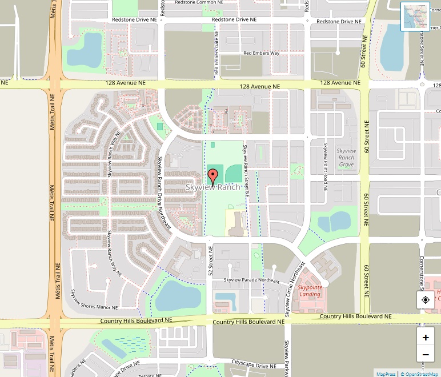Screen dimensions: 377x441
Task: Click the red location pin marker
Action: [x=213, y=176]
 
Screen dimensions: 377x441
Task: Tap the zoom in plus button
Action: [x=426, y=337]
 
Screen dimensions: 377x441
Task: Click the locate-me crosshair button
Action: [x=426, y=300]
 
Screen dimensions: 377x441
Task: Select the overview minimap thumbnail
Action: [x=415, y=17]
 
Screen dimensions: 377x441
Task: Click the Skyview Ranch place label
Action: [x=213, y=187]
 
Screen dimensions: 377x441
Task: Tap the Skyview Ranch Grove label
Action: [x=346, y=158]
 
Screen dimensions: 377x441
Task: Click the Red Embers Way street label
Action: [x=261, y=53]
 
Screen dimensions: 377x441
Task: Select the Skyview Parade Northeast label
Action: [x=251, y=280]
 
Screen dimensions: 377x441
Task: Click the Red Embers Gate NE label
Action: [x=217, y=55]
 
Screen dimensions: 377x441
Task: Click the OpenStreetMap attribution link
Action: [x=420, y=374]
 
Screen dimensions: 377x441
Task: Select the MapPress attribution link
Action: [x=386, y=374]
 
